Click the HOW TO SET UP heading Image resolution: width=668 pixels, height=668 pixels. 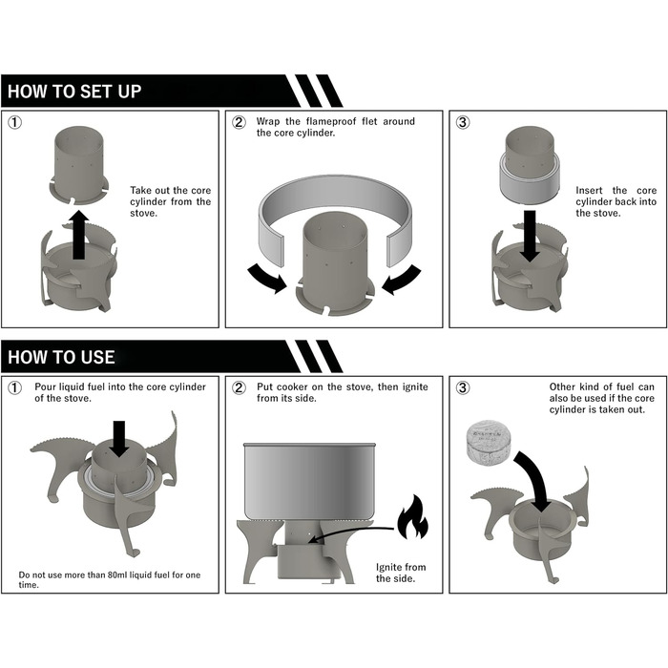(x=74, y=92)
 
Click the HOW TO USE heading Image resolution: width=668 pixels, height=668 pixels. (x=61, y=357)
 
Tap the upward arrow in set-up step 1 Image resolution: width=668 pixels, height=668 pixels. (x=78, y=235)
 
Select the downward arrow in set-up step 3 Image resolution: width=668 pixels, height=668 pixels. (x=530, y=236)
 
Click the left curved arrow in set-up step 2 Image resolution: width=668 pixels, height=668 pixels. (x=266, y=278)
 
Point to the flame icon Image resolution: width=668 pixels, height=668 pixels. (x=412, y=517)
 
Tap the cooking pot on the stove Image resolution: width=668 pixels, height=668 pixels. (x=310, y=481)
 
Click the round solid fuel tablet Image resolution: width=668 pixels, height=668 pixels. (x=489, y=442)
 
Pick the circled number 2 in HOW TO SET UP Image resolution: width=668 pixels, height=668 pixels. (x=239, y=122)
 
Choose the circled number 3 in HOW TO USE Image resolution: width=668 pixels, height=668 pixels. (x=463, y=387)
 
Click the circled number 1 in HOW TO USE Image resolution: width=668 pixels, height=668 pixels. (x=15, y=387)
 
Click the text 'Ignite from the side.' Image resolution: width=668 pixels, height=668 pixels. (x=401, y=573)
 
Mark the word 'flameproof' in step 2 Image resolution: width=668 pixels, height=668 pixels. (x=331, y=121)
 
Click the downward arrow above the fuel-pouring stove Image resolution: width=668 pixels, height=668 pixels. (x=119, y=439)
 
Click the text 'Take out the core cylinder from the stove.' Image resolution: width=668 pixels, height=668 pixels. (x=171, y=201)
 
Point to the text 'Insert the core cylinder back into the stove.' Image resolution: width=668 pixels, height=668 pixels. (x=616, y=201)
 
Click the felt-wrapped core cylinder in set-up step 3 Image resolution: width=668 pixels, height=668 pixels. (x=530, y=167)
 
